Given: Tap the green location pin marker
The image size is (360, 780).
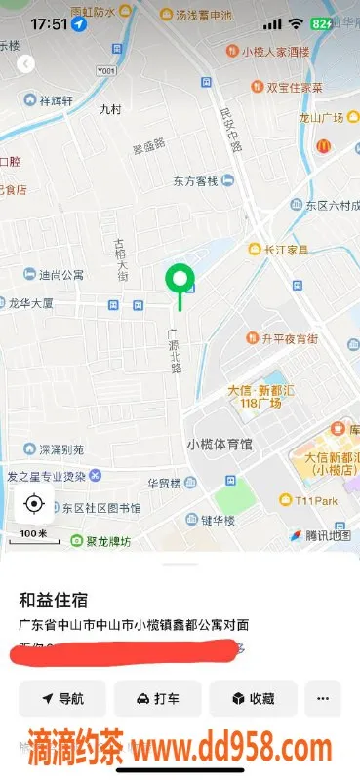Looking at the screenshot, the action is point(179,282).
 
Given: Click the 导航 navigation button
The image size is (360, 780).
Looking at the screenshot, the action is point(62,698).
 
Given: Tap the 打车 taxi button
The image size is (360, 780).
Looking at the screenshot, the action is point(157,698).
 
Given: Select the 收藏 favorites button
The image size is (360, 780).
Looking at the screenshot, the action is point(253,698).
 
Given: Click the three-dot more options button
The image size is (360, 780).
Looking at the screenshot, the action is point(323,698).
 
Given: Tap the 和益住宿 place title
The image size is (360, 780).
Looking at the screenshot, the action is point(55,598).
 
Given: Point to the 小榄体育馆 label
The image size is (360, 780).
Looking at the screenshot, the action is point(220,444).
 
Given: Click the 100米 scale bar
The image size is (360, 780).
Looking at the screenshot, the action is point(33,535).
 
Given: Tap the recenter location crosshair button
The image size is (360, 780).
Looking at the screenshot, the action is point(34,503).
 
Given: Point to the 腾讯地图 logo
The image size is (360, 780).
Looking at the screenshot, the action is point(320,535).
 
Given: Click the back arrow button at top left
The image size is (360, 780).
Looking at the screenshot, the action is point(26,63).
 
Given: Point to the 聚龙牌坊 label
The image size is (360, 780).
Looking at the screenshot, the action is point(100,540).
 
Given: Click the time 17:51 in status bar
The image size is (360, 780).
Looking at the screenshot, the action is point(49,21).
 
